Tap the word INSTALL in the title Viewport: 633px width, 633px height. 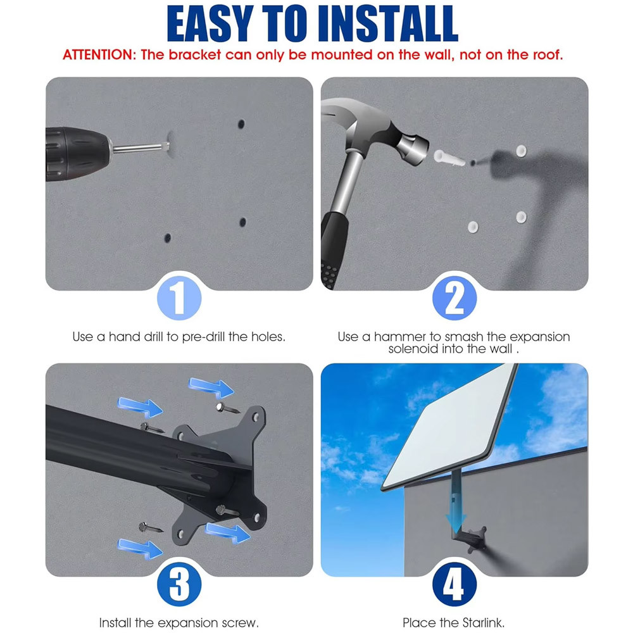388,24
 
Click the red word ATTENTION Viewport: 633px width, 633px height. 97,55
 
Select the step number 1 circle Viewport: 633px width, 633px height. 179,298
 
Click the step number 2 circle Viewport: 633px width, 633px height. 454,298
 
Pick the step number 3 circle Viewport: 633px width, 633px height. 179,584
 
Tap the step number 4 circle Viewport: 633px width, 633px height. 454,584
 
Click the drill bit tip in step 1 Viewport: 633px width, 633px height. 168,146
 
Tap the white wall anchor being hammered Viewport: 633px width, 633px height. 449,157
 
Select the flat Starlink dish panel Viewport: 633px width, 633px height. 448,426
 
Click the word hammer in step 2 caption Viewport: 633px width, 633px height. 399,337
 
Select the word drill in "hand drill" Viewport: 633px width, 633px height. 153,337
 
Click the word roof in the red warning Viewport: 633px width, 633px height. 547,55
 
